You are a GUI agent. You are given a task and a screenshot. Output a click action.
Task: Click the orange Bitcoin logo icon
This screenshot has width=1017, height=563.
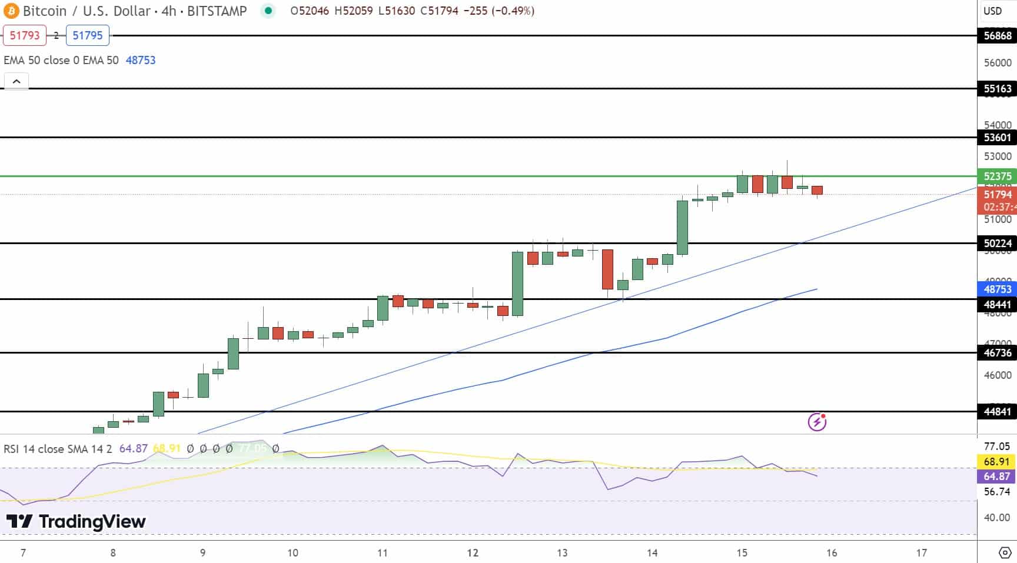11,11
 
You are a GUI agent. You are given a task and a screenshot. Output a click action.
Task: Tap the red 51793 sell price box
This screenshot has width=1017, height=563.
25,35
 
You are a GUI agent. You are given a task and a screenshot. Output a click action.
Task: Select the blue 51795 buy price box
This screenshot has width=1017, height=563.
87,35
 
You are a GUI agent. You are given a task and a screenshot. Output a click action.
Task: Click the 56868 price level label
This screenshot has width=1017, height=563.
998,35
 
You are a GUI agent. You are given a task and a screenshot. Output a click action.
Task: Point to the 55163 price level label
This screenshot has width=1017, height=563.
998,89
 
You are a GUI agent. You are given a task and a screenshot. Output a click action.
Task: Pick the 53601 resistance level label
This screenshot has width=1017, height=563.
998,137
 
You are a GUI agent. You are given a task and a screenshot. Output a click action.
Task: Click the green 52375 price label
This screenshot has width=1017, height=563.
998,176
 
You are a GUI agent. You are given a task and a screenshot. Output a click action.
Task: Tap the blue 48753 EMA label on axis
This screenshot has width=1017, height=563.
998,289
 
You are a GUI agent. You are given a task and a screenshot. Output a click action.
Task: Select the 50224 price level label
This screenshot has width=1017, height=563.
998,243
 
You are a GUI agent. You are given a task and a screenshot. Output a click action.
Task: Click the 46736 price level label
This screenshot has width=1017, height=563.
998,352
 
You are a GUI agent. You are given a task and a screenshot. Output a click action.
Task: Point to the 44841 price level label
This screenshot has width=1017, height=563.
998,411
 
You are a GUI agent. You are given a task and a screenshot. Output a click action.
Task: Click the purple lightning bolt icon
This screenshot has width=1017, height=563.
817,422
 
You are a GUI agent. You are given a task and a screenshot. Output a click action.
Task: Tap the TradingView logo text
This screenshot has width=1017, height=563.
76,521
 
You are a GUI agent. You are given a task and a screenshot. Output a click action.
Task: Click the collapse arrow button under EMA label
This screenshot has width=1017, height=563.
16,81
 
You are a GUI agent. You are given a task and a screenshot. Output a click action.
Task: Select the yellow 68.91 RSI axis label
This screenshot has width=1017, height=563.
996,462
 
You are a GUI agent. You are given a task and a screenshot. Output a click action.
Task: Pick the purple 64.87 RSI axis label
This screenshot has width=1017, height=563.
996,476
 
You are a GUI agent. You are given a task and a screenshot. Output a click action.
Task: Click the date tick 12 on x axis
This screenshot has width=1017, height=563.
472,552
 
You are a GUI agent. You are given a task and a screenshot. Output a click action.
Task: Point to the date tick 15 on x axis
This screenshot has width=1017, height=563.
742,552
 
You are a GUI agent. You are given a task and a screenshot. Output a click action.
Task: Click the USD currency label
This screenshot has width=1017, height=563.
993,11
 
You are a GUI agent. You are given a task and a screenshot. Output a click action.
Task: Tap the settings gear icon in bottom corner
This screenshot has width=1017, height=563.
1005,552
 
